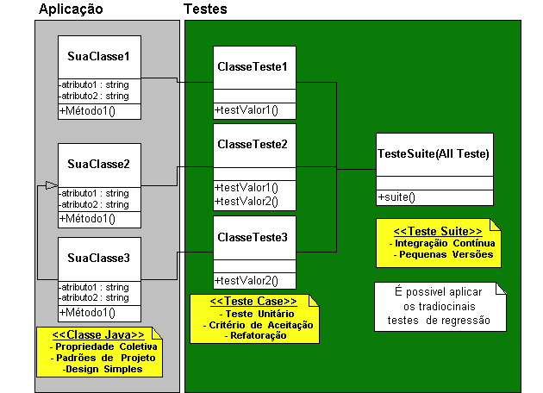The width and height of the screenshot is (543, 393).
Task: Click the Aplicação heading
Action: pos(71,9)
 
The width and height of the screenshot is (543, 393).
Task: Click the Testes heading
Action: pos(205,9)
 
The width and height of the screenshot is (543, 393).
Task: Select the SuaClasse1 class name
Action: pos(98,56)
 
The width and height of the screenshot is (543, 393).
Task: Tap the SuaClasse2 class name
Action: pos(98,164)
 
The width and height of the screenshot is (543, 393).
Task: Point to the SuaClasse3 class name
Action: pos(98,258)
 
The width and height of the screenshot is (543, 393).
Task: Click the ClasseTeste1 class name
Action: pos(253,66)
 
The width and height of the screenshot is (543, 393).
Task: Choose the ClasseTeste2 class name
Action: pos(253,144)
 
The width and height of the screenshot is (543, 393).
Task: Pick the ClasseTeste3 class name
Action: pos(253,237)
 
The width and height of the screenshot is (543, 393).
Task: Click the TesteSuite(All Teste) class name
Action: pos(434,153)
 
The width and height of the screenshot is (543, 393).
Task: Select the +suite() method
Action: pos(396,197)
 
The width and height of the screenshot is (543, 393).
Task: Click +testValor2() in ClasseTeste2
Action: pos(247,201)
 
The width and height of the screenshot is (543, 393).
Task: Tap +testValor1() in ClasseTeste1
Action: pos(247,110)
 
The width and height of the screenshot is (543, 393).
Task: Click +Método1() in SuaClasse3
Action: pos(87,312)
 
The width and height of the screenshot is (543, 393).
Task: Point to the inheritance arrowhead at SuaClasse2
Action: pos(52,185)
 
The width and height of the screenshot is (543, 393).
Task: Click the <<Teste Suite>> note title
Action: pos(438,231)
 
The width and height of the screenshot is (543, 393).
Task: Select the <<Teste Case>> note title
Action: pos(253,302)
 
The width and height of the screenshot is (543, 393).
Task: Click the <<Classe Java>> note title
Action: pos(98,334)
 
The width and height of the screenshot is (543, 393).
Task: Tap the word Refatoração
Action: pos(259,335)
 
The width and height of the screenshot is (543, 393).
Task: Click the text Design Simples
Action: pos(103,369)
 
